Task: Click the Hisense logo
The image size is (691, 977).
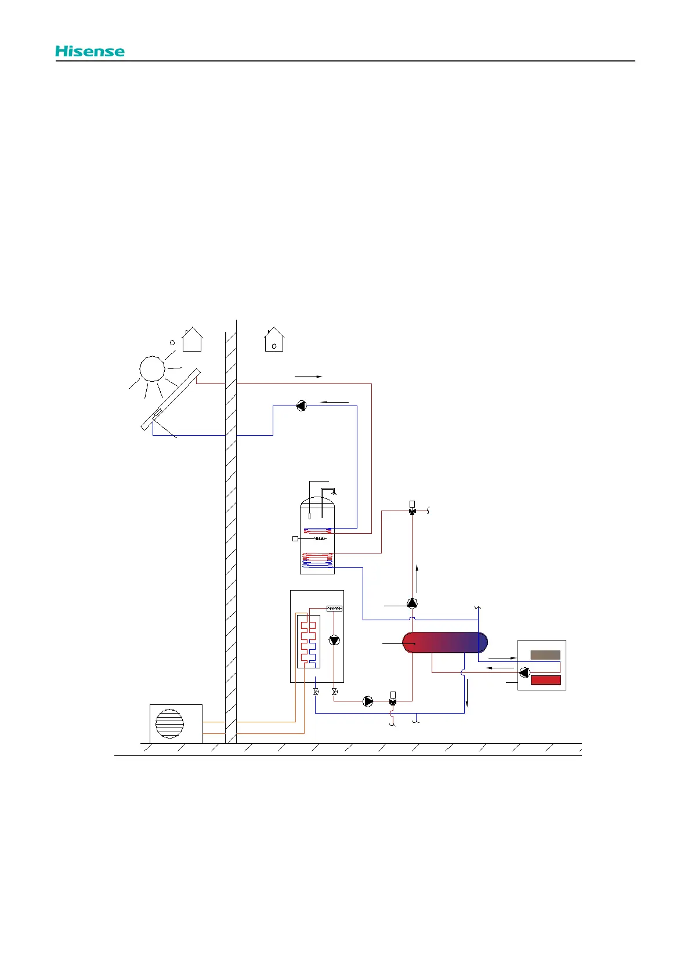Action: point(90,51)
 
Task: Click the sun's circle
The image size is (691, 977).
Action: point(152,368)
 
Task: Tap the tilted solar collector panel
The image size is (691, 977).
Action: point(171,399)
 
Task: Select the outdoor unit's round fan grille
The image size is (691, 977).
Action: point(170,723)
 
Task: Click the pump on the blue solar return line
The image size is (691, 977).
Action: point(301,406)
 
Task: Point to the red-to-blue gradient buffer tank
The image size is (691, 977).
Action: point(445,643)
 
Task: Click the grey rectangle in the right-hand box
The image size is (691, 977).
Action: point(545,655)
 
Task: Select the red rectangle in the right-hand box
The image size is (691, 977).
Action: point(546,680)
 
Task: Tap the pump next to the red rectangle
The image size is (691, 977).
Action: point(524,672)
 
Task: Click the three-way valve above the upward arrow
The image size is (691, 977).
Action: point(412,511)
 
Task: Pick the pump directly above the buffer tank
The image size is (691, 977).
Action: point(412,603)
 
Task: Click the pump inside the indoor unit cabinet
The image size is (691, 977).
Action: point(334,640)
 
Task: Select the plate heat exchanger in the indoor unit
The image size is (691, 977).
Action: point(308,641)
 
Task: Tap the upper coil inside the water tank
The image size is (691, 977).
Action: point(318,530)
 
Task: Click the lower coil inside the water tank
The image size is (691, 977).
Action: point(317,560)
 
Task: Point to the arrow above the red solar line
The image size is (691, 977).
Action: point(308,377)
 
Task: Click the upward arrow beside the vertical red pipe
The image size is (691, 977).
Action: point(417,577)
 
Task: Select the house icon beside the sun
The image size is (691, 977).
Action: point(192,339)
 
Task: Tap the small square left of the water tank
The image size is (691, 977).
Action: point(295,539)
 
